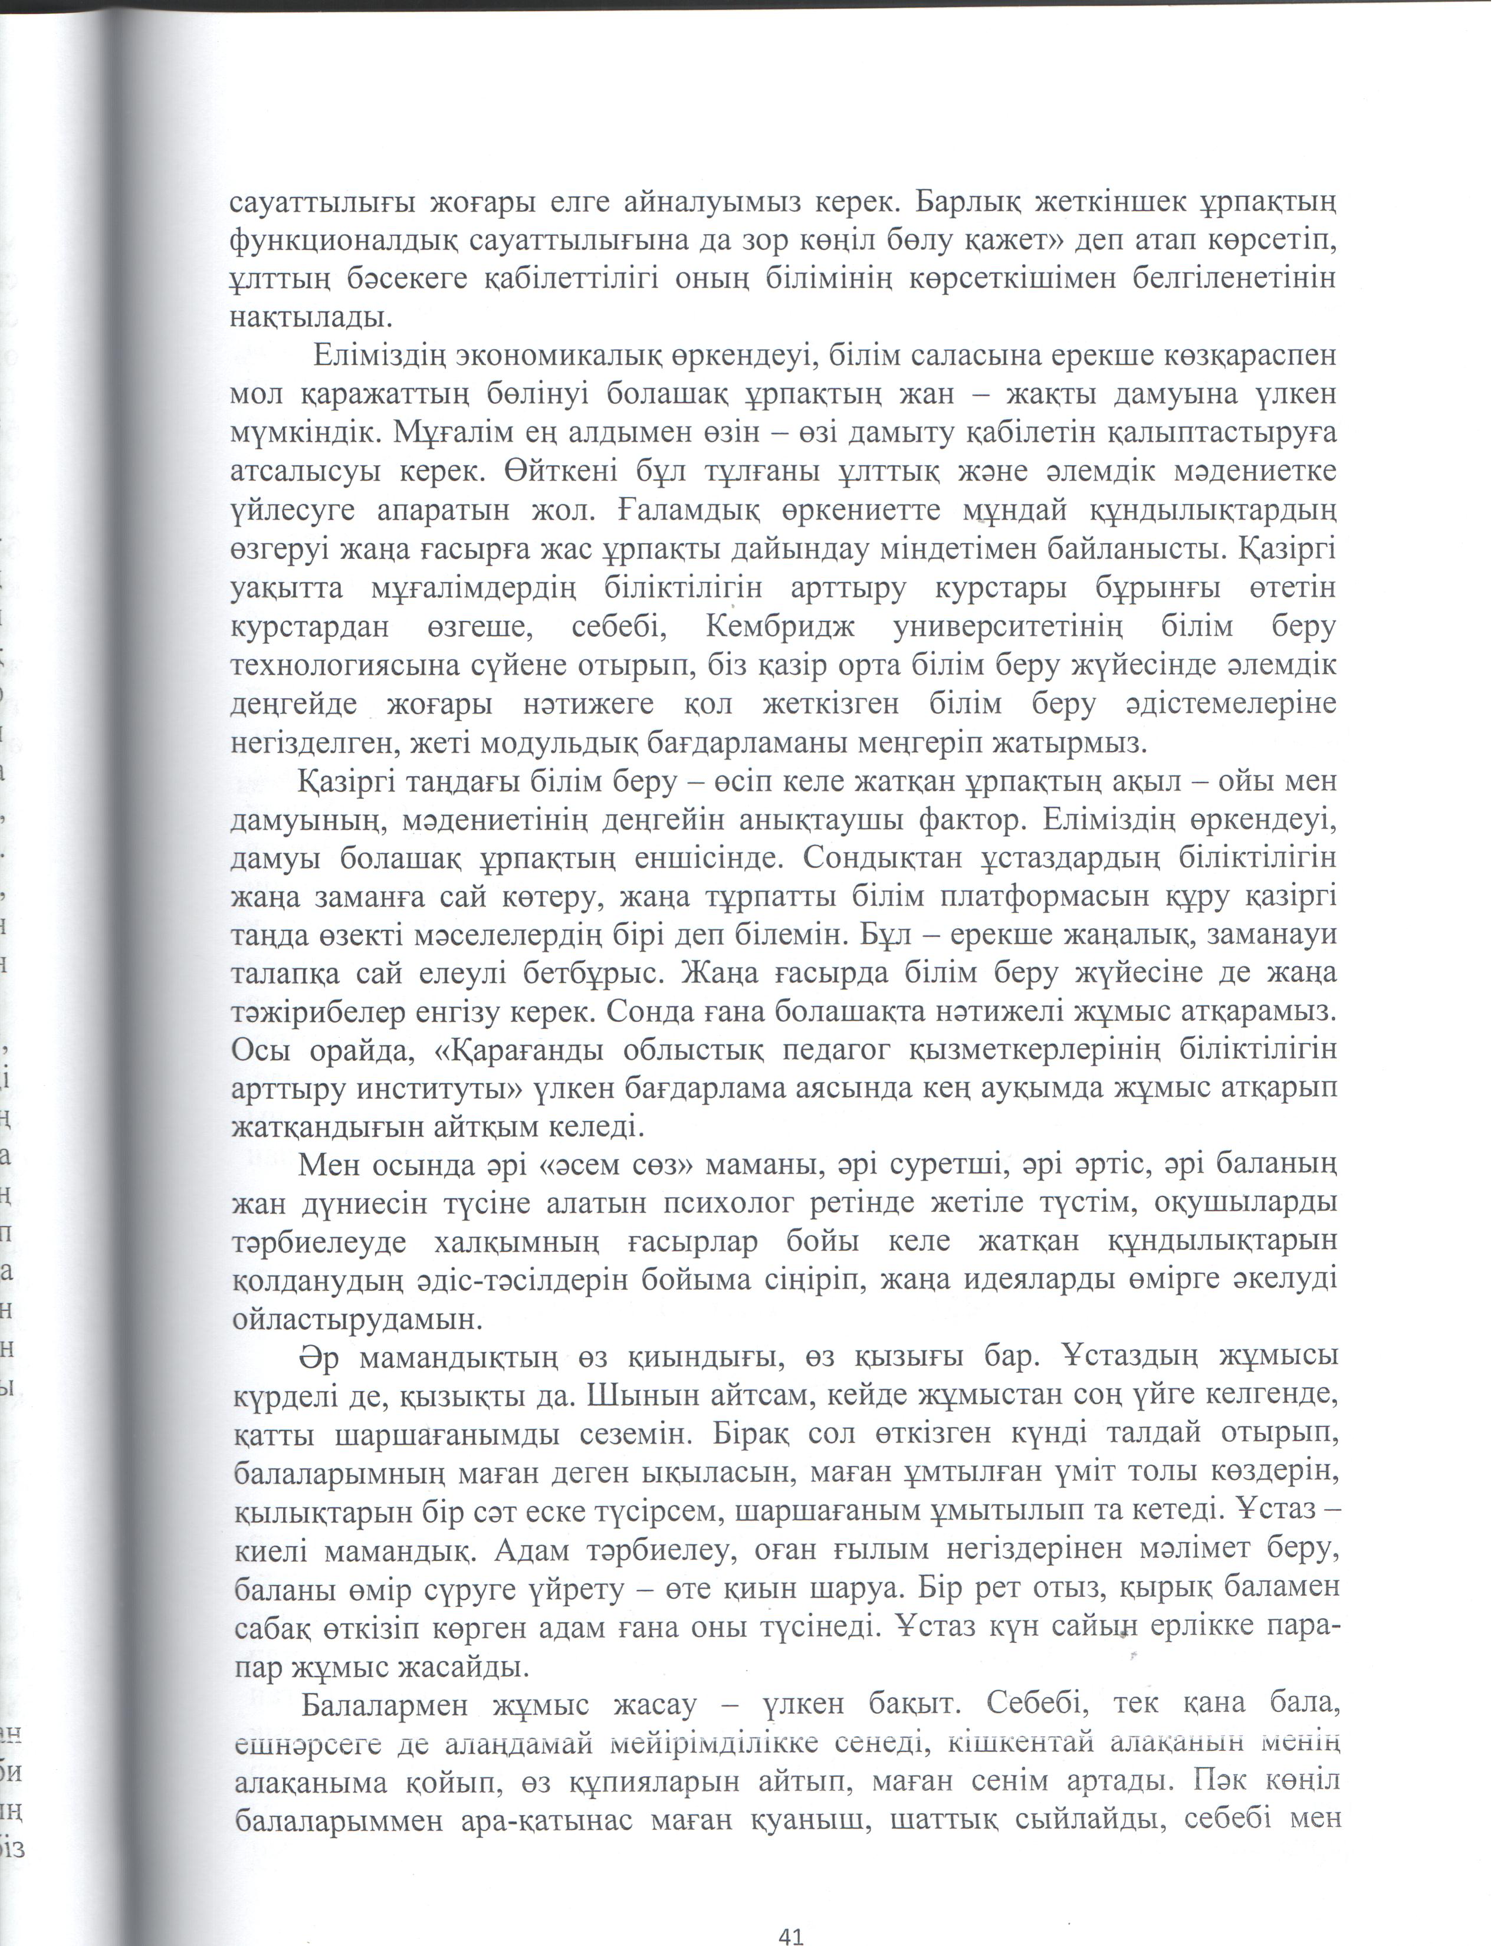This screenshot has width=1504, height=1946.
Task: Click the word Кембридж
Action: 780,627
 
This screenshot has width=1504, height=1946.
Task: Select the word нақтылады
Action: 309,318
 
